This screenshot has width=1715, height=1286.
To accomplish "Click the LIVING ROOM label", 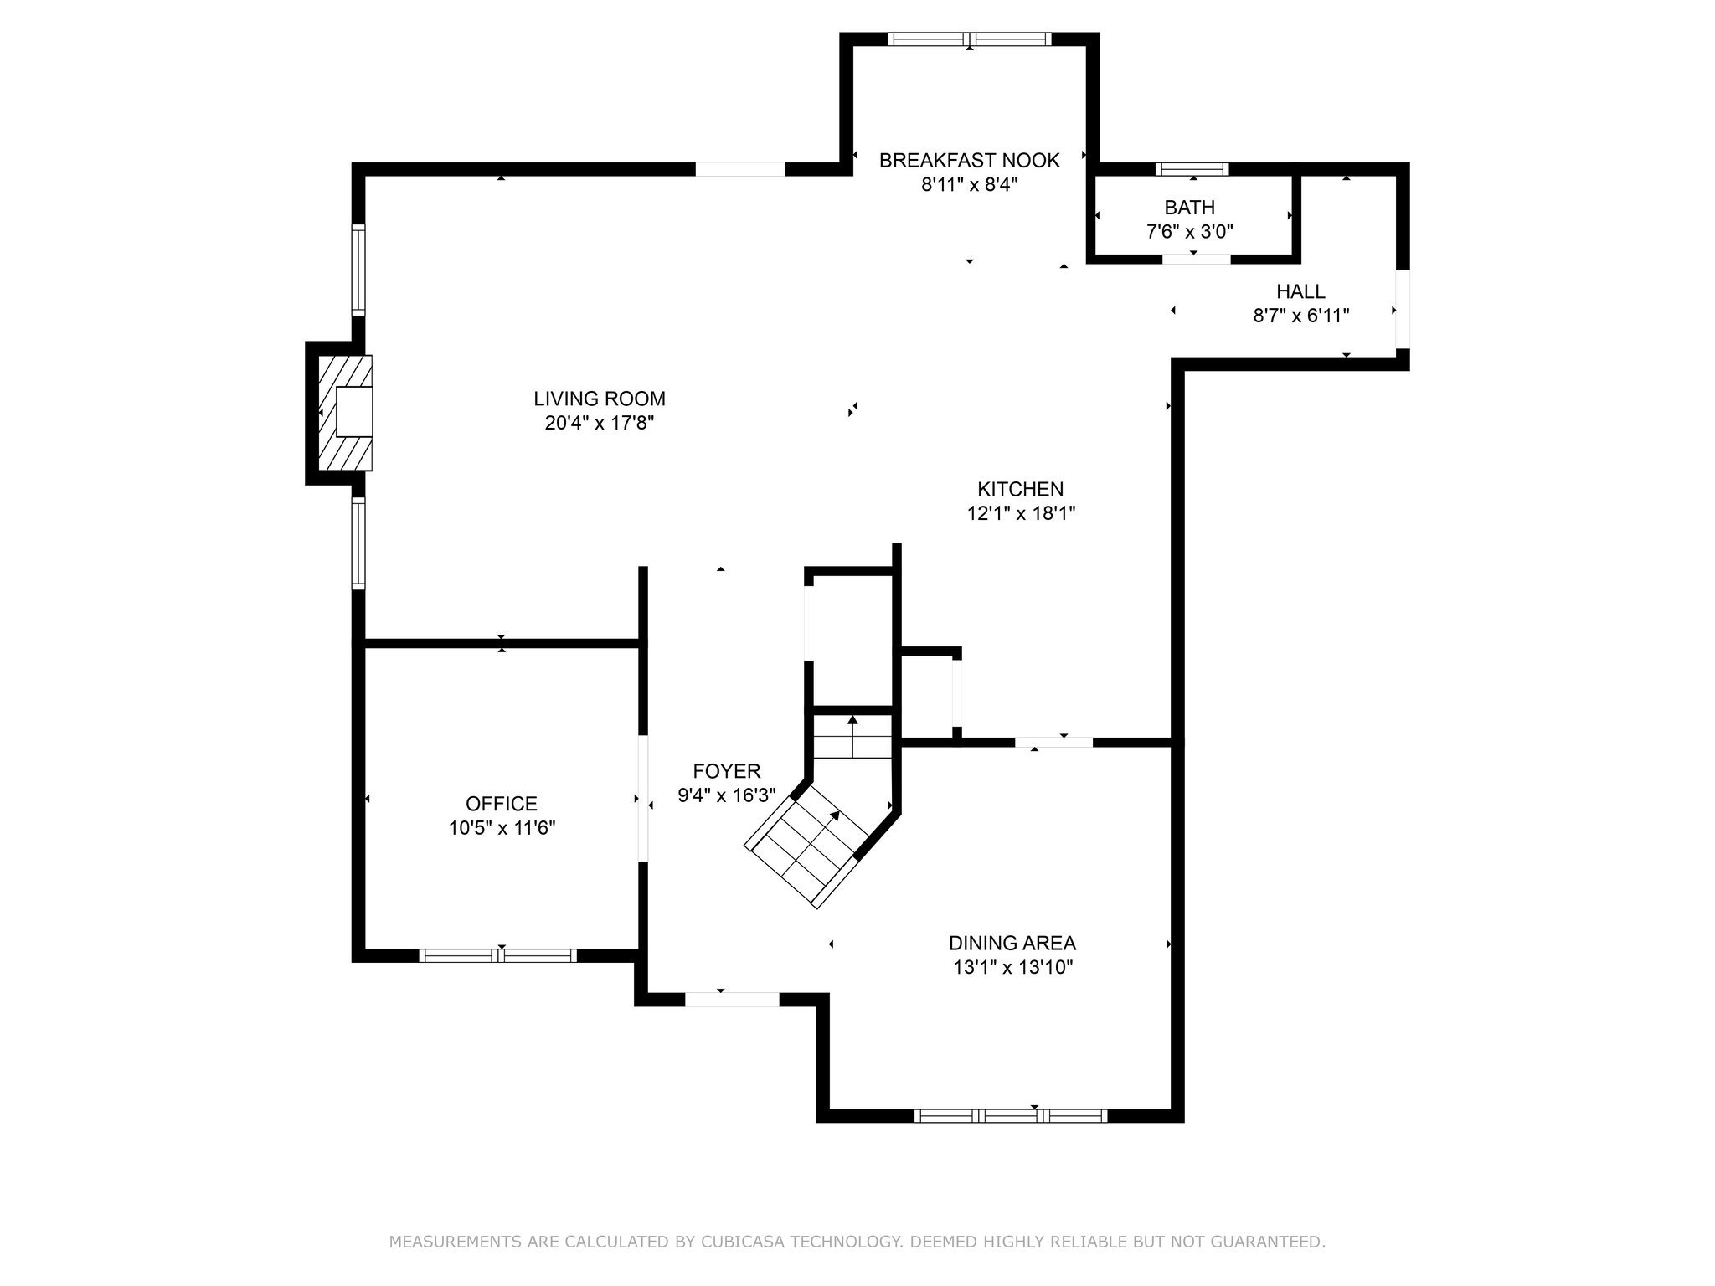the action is click(x=600, y=399).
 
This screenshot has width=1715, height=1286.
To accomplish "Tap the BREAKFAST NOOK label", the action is click(x=969, y=160).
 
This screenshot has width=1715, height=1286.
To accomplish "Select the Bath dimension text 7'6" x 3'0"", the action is click(x=1189, y=231).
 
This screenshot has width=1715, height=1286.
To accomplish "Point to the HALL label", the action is click(x=1300, y=291).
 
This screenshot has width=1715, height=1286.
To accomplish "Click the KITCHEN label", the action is click(x=1020, y=489).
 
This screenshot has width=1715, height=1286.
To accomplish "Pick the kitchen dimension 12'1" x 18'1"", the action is click(x=1021, y=513).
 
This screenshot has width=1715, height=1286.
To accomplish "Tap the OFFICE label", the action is click(x=502, y=804).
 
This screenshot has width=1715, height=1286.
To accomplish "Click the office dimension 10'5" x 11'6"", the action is click(x=502, y=828).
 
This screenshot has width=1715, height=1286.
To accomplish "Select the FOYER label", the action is click(x=727, y=771).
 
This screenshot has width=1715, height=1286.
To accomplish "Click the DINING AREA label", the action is click(x=1012, y=944).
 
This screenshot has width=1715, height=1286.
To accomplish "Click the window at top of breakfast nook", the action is click(x=969, y=39).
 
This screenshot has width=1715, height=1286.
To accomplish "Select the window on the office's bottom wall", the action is click(x=498, y=955).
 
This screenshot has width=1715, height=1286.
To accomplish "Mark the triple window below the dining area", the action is click(x=1011, y=1115).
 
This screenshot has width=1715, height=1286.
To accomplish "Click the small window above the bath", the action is click(x=1192, y=169).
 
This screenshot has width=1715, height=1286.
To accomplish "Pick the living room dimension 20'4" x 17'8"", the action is click(x=600, y=423).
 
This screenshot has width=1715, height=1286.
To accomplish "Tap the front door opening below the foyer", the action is click(x=732, y=999).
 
